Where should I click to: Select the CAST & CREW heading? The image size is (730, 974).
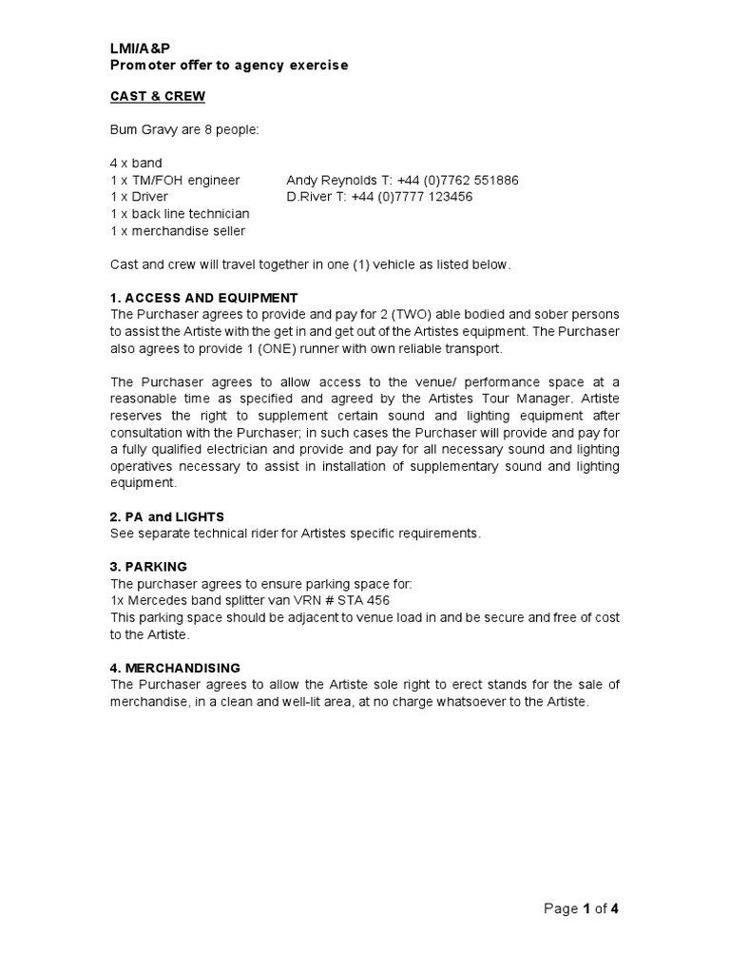(157, 96)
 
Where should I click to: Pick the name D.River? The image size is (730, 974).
(308, 197)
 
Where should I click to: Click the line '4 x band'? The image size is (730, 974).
(137, 163)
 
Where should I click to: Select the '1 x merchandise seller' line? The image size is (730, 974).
(178, 231)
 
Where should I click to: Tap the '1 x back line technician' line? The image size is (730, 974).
(180, 214)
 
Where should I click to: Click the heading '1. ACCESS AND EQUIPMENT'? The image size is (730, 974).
(203, 298)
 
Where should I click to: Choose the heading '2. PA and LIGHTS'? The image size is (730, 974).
(167, 516)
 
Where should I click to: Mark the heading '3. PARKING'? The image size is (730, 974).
(148, 566)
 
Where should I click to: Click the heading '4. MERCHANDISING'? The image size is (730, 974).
(175, 668)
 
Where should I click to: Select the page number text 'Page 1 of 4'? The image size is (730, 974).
(581, 908)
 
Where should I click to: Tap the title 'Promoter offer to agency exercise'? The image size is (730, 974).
(229, 66)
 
